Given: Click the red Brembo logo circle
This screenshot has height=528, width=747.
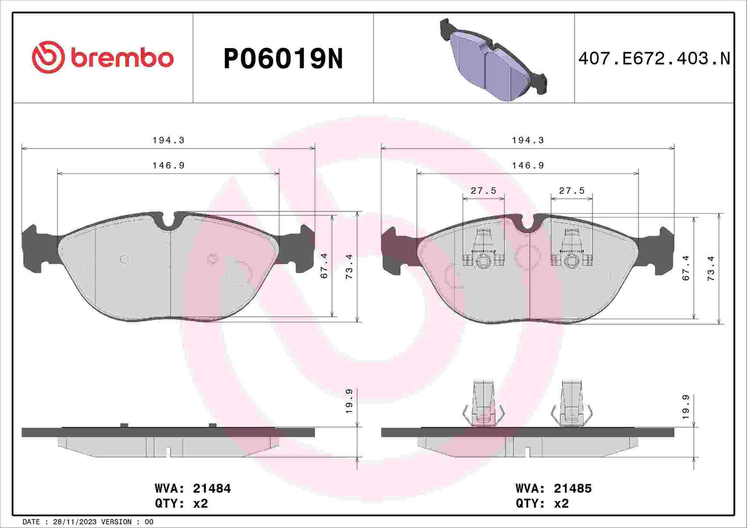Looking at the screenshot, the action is (48, 57).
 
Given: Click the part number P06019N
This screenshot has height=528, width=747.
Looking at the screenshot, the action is (283, 59).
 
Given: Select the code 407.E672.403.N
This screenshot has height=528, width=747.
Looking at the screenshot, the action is (654, 59).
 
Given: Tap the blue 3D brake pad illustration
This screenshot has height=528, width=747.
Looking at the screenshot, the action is (493, 59).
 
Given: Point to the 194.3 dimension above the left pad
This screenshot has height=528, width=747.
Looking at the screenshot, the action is (169, 141).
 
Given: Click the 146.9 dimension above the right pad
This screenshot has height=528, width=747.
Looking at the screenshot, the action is (528, 165).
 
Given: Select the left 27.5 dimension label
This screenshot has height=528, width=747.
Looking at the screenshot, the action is (484, 190).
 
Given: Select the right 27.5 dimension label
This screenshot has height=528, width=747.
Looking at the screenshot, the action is (572, 190).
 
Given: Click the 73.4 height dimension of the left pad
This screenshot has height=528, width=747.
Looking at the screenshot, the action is (349, 267).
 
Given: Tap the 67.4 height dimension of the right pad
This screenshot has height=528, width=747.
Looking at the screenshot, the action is (686, 268).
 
